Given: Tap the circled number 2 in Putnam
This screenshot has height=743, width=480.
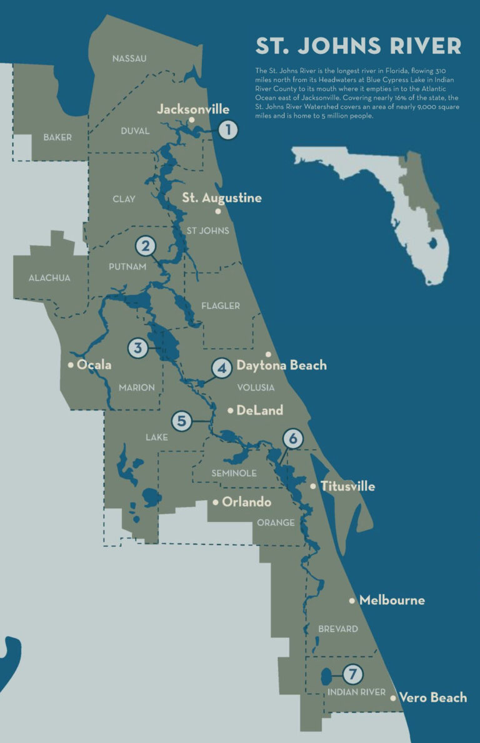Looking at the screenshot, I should click(146, 246).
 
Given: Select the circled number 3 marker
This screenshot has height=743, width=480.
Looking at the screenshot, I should click(137, 347).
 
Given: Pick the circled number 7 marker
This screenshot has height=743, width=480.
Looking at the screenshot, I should click(352, 674).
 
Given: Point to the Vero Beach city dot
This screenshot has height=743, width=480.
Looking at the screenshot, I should click(392, 697).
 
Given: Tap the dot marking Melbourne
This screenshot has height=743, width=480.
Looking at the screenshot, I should click(352, 600).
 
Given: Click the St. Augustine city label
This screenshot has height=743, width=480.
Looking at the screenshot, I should click(222, 198).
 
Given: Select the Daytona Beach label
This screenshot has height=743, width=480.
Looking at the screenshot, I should click(281, 365).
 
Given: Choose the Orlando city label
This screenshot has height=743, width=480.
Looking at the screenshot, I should click(246, 502).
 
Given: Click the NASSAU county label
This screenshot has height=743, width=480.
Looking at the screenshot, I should click(129, 59).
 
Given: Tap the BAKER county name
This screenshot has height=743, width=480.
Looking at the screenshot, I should click(57, 137).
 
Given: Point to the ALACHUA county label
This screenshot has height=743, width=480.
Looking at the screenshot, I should click(50, 278).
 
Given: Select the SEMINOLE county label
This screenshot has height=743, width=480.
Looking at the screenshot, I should click(234, 473).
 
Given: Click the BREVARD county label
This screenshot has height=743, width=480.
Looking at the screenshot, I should click(338, 628).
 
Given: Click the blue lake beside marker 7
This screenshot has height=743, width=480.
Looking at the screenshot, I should click(326, 677).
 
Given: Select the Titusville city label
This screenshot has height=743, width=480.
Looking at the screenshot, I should click(347, 486).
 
